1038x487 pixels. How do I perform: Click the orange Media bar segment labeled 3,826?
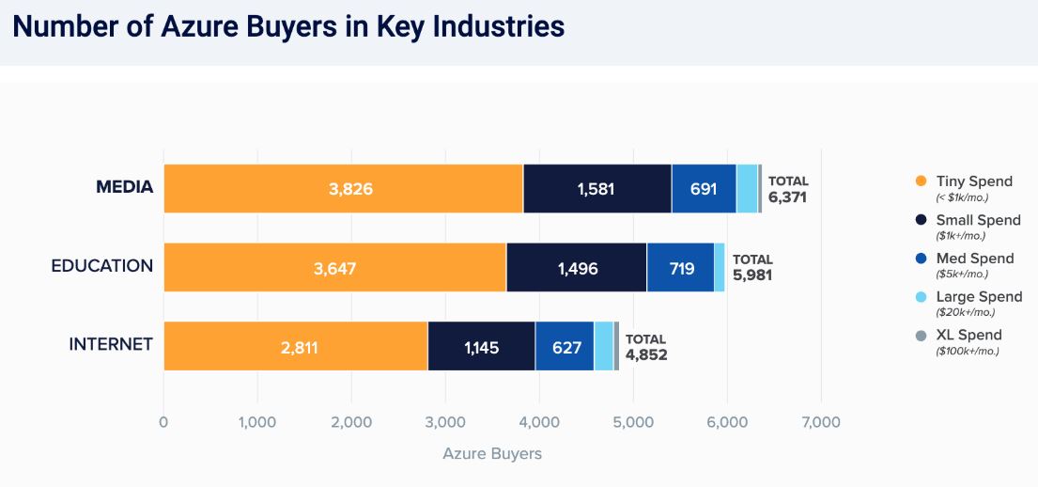(x=343, y=188)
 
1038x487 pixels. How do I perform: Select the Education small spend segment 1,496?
(x=576, y=268)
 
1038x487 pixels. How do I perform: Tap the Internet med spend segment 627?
(x=564, y=347)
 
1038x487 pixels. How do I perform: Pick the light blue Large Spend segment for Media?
(x=747, y=188)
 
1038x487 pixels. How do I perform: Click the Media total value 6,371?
(x=787, y=197)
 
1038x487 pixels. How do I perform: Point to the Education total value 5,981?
(x=752, y=276)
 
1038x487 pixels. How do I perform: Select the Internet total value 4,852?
(x=646, y=355)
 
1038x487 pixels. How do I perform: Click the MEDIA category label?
(x=124, y=187)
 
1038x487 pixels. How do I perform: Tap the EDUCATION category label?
(x=101, y=266)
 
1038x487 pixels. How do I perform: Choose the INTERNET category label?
(x=110, y=344)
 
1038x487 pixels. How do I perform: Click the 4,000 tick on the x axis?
(x=539, y=422)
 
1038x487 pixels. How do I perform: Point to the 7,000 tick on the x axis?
(x=821, y=422)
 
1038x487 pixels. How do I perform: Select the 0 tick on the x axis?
(x=164, y=422)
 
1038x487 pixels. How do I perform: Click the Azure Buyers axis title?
(x=492, y=454)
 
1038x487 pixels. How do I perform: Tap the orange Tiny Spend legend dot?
(x=920, y=181)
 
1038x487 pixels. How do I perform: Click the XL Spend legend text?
(x=968, y=335)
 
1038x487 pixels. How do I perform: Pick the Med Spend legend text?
(x=974, y=259)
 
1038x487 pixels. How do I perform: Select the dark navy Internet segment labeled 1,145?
(x=481, y=347)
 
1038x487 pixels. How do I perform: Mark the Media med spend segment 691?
(x=704, y=188)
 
